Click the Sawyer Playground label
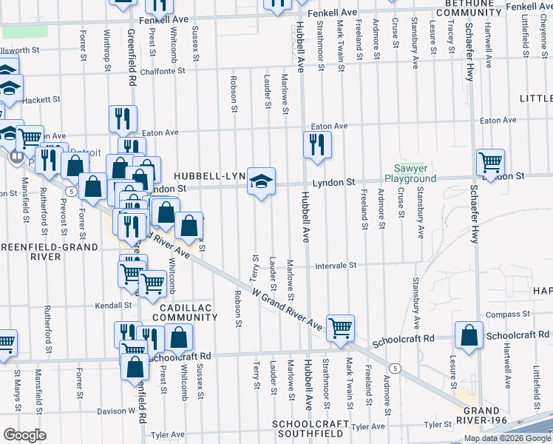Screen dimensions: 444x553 409,174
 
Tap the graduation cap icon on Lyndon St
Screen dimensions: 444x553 260,181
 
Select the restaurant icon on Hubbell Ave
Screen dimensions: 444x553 317,145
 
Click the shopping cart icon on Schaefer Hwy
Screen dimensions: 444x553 490,162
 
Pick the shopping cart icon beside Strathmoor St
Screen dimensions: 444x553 340,327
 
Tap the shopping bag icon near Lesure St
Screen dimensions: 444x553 469,336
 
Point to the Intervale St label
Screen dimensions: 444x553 336,266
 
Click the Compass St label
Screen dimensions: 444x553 503,315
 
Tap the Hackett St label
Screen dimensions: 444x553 41,99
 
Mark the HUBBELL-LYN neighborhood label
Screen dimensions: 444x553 210,176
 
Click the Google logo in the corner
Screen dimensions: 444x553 24,435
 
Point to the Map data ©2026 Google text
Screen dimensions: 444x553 508,438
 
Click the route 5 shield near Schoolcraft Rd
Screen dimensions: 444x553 396,368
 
